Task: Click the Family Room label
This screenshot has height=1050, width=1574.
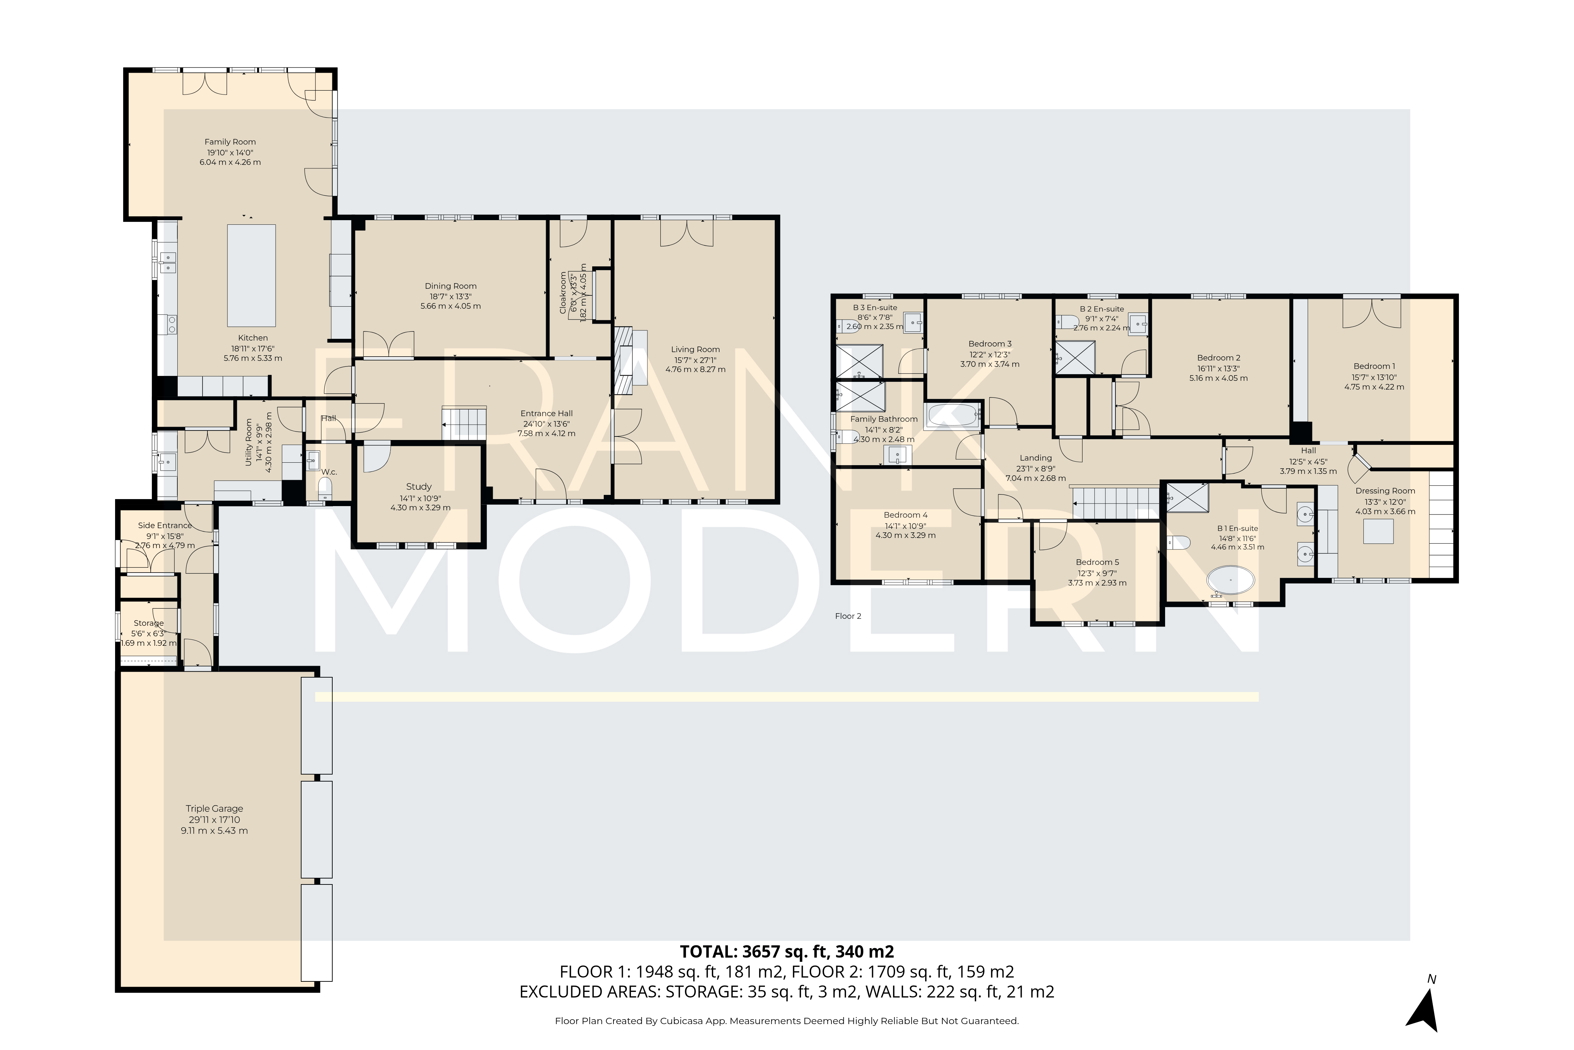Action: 230,142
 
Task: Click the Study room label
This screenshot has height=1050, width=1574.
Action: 419,487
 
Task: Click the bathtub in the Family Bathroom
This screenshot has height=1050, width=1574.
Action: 953,415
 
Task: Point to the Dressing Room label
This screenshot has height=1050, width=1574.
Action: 1385,491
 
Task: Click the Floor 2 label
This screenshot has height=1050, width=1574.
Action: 848,616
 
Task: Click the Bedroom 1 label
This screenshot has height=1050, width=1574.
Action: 1374,366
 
